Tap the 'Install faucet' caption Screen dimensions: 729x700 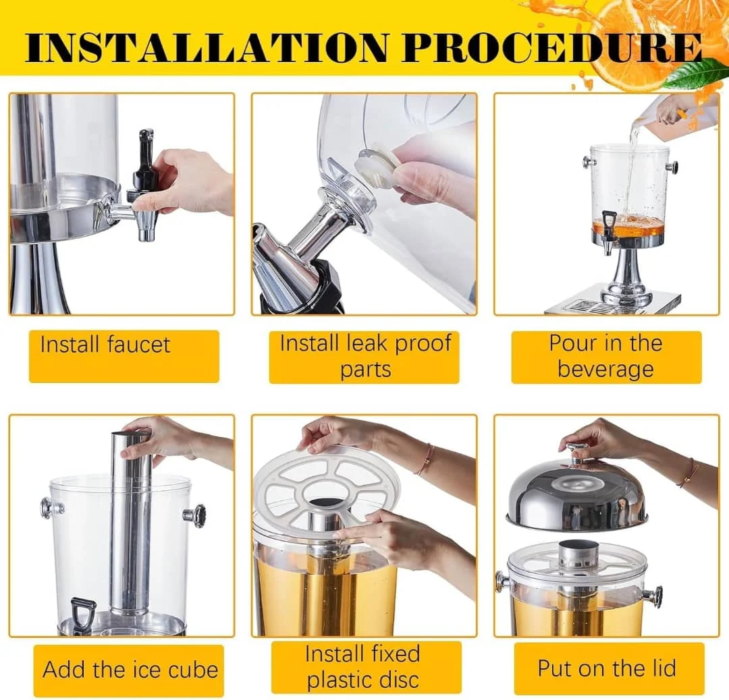105,345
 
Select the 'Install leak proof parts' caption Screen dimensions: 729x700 365,356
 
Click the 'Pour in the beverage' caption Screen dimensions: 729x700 605,356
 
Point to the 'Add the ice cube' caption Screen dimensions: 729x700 130,670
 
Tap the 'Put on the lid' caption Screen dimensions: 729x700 607,668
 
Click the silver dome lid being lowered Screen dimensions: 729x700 576,498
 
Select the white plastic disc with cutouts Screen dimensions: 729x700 328,492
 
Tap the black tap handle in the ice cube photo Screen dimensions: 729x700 83,613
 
